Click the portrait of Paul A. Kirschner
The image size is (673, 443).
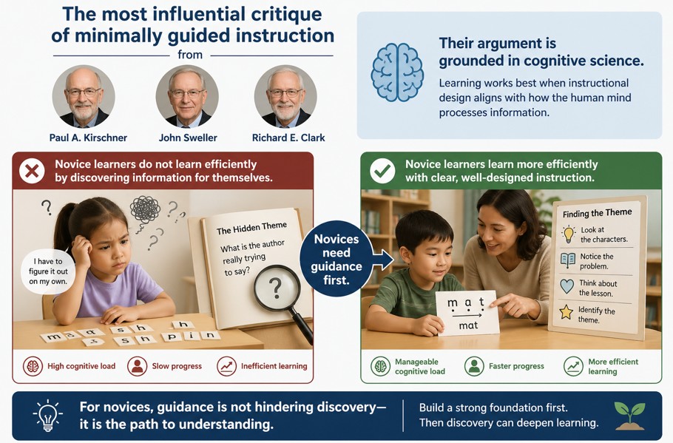pos(84,96)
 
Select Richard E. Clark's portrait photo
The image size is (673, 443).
pos(285,96)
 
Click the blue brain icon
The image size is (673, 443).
pos(397,72)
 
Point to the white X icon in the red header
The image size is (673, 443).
pos(32,172)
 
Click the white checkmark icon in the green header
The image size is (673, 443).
pos(382,172)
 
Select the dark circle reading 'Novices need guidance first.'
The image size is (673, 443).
pos(337,258)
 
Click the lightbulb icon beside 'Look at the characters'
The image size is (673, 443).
pos(568,234)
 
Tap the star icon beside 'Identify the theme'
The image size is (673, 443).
pos(567,312)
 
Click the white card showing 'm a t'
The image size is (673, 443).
pos(468,312)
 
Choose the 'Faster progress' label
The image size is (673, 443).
pos(516,366)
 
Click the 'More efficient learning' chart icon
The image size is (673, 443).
pos(573,366)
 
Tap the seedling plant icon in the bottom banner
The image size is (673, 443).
pos(629,416)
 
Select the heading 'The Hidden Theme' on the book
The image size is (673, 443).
pos(251,230)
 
